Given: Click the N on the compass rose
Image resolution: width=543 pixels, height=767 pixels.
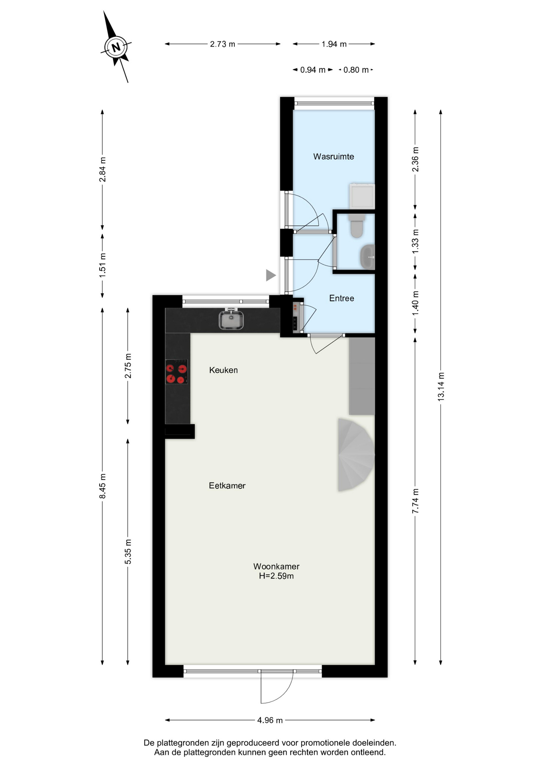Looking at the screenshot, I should [116, 48].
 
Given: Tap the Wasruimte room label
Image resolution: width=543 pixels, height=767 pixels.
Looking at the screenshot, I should [333, 157].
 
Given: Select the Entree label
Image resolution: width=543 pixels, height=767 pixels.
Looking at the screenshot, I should [341, 298].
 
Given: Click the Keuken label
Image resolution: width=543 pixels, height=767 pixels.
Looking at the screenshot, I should [223, 370].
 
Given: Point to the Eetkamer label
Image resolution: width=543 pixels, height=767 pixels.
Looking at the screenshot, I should [227, 486].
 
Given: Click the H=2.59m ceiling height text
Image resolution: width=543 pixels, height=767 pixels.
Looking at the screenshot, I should [276, 576].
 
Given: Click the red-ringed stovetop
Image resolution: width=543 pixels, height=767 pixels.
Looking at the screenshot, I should [176, 372].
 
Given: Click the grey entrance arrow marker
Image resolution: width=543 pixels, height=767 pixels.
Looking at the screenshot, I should [271, 275].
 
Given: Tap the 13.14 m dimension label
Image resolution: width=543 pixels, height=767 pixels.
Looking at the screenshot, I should [441, 386].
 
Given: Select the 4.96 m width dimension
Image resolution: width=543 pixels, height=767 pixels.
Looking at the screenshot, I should [270, 720].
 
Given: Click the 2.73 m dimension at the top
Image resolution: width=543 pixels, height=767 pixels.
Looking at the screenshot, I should [222, 44].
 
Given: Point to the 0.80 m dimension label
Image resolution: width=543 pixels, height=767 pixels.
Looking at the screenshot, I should [356, 70].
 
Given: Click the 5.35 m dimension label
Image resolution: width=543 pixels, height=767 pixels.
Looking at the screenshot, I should [128, 551].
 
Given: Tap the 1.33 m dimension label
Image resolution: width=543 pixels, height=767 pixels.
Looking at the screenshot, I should [415, 241].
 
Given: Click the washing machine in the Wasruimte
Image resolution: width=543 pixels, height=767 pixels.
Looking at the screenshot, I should [362, 196].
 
